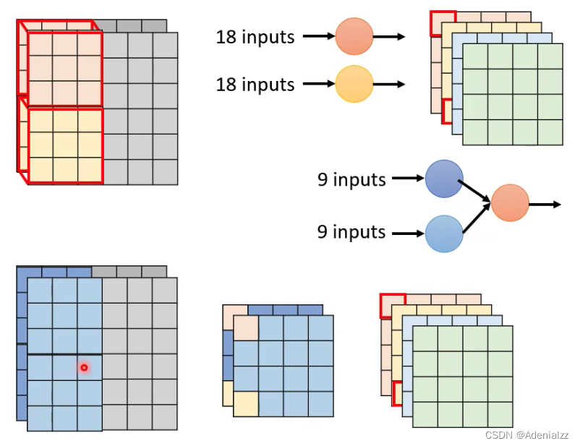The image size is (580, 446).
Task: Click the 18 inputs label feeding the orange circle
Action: (x=255, y=36)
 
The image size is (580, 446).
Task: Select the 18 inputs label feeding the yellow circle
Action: (x=255, y=85)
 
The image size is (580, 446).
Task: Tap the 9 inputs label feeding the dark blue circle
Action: (x=351, y=179)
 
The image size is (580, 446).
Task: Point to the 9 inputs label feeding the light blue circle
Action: (x=351, y=232)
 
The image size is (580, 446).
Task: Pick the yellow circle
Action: (x=354, y=84)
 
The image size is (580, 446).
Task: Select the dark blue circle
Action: (x=444, y=179)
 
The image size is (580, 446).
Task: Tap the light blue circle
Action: (x=444, y=233)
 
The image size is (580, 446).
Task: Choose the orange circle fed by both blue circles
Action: (x=510, y=204)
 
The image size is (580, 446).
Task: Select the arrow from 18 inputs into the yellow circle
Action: (x=318, y=84)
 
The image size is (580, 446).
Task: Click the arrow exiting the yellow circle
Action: (x=390, y=84)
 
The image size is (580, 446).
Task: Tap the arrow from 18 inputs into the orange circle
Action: (x=318, y=35)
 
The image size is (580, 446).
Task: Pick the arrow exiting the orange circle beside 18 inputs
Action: (x=390, y=35)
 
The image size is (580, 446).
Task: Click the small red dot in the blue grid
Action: (x=84, y=368)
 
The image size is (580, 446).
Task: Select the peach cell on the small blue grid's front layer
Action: (x=247, y=327)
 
